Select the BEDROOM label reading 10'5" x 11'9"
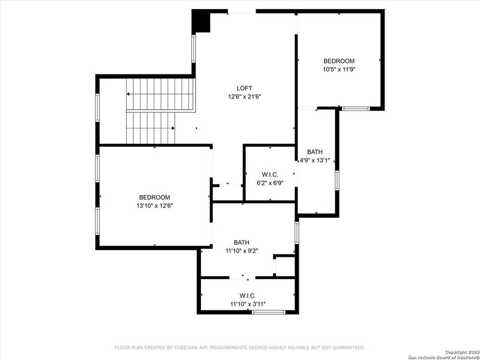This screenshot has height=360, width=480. point(339,61)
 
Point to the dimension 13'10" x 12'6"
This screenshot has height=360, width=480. point(155,206)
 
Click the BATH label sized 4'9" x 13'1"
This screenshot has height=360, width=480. point(315,152)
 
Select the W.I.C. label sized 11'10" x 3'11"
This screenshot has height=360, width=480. point(247,295)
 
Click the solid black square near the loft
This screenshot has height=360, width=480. point(200,22)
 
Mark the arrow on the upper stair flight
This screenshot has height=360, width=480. point(128,94)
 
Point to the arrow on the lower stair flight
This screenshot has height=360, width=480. point(172,128)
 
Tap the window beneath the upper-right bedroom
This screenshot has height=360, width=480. point(356,108)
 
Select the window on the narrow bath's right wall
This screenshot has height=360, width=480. point(337,180)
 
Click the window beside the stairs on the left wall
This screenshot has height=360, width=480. point(97,108)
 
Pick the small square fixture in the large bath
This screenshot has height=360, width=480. point(284,266)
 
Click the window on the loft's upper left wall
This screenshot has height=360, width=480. point(194,48)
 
